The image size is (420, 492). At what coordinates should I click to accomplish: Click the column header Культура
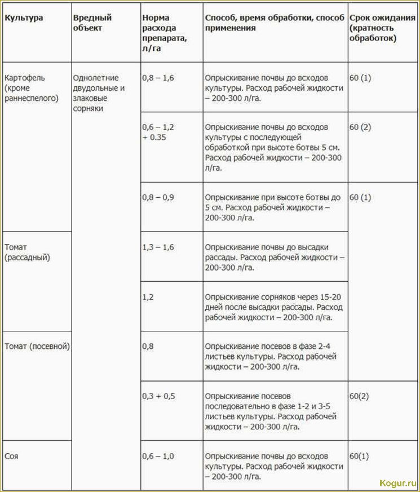coord(24,17)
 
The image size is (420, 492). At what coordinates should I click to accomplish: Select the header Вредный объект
coord(92,23)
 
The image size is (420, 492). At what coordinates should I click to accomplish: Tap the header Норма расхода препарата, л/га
coord(164,33)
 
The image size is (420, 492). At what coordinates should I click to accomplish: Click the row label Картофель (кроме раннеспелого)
coord(32,87)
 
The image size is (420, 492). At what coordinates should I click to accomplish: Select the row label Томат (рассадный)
coord(27,252)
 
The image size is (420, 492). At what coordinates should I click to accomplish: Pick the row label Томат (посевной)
coord(37,347)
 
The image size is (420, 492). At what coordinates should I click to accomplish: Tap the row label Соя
coord(11,456)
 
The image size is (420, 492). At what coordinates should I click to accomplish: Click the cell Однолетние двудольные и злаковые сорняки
coord(99,93)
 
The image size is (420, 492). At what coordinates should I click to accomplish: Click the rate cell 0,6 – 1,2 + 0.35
coord(158,132)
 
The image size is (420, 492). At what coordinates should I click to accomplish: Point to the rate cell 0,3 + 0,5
coord(158,396)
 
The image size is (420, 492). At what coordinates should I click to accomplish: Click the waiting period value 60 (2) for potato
coord(360,127)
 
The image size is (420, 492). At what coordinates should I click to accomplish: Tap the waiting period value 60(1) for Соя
coord(359,455)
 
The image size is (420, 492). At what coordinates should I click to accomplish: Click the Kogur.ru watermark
coord(398,483)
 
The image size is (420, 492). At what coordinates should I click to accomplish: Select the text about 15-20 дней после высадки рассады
coord(274,307)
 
